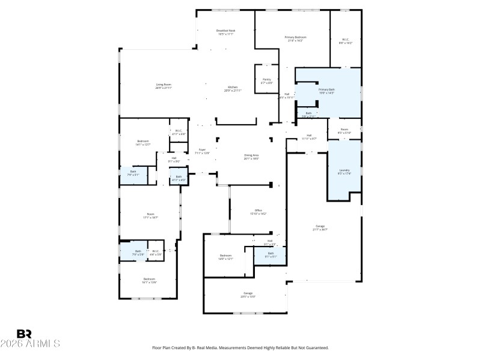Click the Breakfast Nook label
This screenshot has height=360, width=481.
click(226, 31)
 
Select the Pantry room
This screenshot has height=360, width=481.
click(266, 80)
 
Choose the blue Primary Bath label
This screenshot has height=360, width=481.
click(326, 89)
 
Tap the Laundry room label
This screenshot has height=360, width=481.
click(344, 170)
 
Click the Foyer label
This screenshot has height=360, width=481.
click(202, 150)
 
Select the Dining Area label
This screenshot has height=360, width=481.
click(251, 155)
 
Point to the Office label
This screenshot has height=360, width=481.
click(258, 210)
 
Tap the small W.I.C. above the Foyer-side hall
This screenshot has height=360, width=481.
click(179, 131)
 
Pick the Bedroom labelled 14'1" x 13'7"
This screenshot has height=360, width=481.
click(142, 142)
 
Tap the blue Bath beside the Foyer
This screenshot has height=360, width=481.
click(179, 177)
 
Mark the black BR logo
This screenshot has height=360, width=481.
click(24, 334)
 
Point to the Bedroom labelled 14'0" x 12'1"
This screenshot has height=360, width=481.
click(225, 256)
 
